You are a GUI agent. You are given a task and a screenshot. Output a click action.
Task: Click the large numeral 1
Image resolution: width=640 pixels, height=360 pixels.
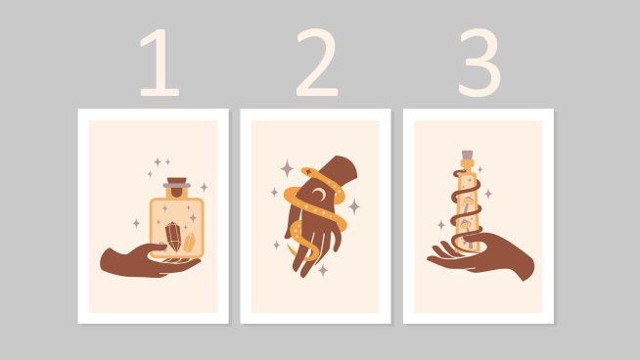(x=160, y=63)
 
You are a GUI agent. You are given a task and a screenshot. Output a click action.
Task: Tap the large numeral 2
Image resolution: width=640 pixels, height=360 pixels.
(x=317, y=63)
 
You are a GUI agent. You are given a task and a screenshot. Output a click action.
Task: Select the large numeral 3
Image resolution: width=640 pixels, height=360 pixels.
(x=480, y=63)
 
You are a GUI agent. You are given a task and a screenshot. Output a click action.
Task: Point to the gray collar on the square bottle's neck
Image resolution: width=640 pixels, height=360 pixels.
(x=177, y=186)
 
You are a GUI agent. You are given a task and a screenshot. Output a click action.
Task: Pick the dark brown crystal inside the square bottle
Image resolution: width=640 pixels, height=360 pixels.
(x=173, y=237)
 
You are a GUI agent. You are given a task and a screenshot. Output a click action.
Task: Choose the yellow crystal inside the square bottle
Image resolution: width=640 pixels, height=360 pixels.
(x=190, y=243)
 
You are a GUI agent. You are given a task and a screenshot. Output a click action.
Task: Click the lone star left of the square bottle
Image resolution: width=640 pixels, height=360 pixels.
(x=136, y=223)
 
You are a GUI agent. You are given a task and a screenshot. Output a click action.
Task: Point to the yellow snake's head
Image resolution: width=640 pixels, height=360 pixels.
(x=309, y=172)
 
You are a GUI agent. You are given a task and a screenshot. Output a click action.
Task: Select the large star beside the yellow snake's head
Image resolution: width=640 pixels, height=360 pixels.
(x=287, y=169)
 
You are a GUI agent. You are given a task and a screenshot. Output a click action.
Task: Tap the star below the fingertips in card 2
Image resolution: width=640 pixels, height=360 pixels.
(x=323, y=270)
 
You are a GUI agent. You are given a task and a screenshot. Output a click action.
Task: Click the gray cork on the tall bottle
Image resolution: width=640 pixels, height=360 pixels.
(x=468, y=155)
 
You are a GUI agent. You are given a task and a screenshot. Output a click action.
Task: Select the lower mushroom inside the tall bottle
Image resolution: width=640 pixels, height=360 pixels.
(x=466, y=225)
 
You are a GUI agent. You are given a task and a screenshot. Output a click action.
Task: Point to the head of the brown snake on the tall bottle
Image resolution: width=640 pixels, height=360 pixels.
(x=458, y=174)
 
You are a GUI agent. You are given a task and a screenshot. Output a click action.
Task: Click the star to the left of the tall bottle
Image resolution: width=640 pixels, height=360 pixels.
(x=441, y=225)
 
